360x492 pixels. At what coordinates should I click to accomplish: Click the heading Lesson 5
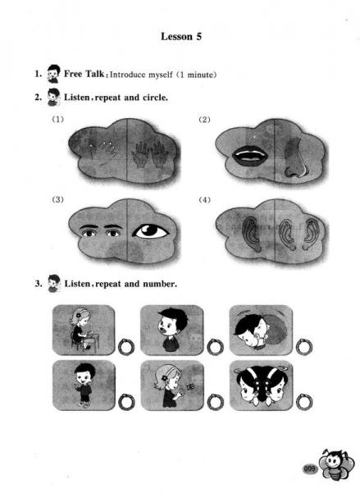181,36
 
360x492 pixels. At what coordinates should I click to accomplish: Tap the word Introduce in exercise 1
127,75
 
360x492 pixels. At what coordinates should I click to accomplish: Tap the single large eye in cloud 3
151,231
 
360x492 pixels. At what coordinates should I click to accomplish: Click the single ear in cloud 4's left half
252,233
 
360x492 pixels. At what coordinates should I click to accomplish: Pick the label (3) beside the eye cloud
57,199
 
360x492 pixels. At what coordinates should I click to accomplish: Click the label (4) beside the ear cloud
205,199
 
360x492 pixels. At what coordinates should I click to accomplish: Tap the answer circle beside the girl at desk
126,348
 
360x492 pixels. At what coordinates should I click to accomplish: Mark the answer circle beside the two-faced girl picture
303,402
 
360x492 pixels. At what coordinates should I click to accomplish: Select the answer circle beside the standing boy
126,402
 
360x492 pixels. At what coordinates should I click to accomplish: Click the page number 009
309,469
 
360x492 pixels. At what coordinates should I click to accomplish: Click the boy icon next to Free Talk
53,74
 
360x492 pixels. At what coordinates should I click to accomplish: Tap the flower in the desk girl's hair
78,315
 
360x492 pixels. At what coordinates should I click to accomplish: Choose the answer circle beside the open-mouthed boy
215,347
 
